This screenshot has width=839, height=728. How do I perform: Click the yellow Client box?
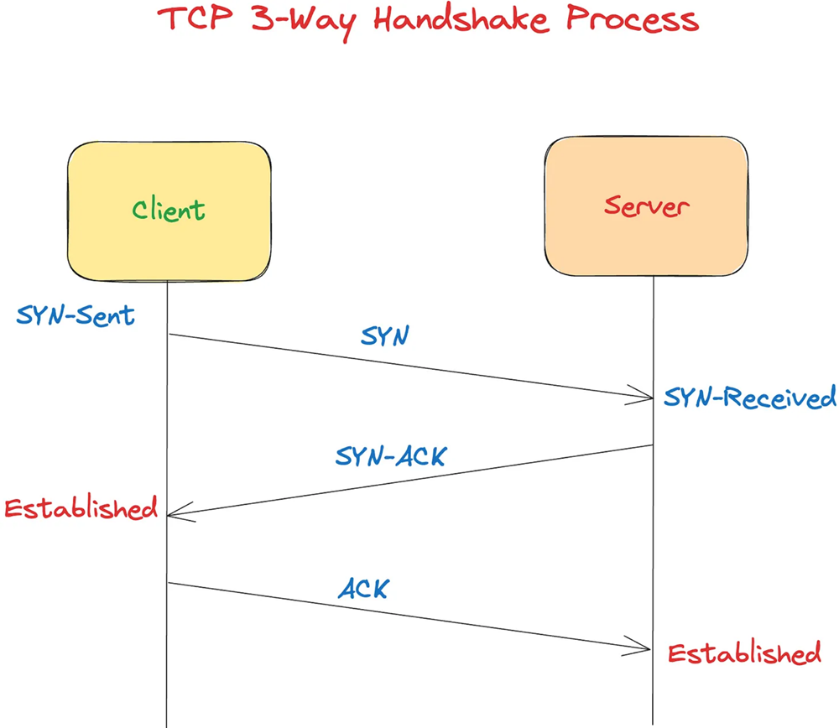[169, 210]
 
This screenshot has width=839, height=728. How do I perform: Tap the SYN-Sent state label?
[76, 317]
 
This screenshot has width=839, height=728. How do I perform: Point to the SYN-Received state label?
[750, 397]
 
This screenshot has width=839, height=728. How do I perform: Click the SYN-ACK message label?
[391, 457]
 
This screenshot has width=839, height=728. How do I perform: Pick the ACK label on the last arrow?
[363, 589]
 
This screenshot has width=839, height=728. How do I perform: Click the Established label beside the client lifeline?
[81, 508]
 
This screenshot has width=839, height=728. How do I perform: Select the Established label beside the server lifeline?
[744, 653]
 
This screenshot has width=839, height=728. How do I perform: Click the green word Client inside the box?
[168, 210]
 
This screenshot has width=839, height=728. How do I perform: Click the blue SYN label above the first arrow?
[384, 335]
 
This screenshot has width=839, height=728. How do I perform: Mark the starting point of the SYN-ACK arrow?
[654, 445]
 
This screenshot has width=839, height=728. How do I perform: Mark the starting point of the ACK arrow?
[168, 582]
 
